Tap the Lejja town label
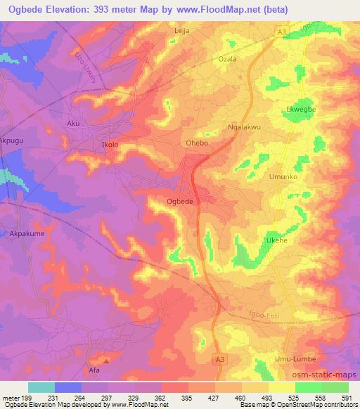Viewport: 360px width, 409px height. (x=182, y=32)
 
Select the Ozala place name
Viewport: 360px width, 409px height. (x=227, y=59)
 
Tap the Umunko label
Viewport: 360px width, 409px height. (x=284, y=177)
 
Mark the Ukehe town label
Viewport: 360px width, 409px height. (x=276, y=240)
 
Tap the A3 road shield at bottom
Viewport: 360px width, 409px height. (x=221, y=359)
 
